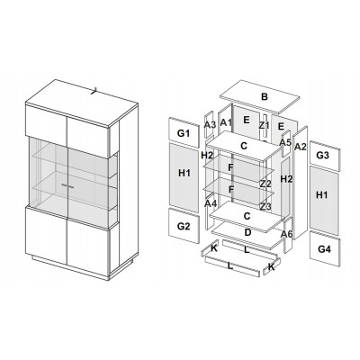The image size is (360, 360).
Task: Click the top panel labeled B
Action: point(260,97)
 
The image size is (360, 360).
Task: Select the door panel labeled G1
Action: point(184,133)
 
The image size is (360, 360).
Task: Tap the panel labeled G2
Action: point(184,226)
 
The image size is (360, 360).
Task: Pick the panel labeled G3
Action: point(325,156)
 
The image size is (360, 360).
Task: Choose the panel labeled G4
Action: point(325,248)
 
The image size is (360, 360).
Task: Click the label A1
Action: point(226,122)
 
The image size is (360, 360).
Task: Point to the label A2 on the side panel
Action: point(300,147)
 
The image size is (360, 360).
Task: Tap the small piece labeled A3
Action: point(210,125)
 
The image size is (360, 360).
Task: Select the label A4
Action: point(211,203)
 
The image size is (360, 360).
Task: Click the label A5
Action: point(285,142)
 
